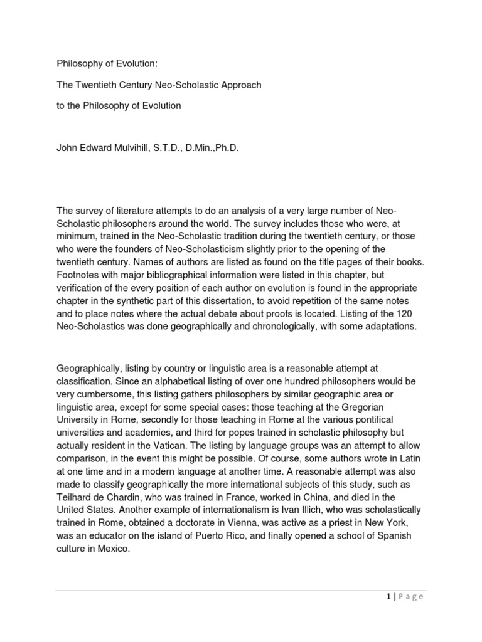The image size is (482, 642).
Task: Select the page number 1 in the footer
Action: click(x=389, y=597)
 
